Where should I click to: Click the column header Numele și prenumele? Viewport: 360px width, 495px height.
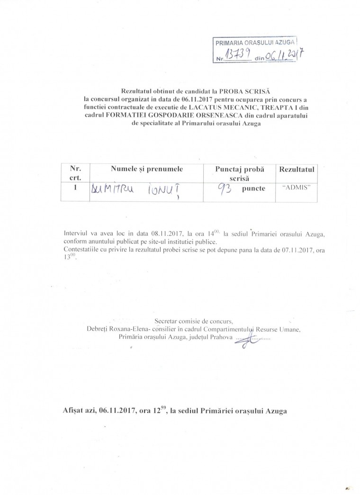coord(147,169)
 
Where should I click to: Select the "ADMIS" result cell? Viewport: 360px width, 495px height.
coord(296,188)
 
